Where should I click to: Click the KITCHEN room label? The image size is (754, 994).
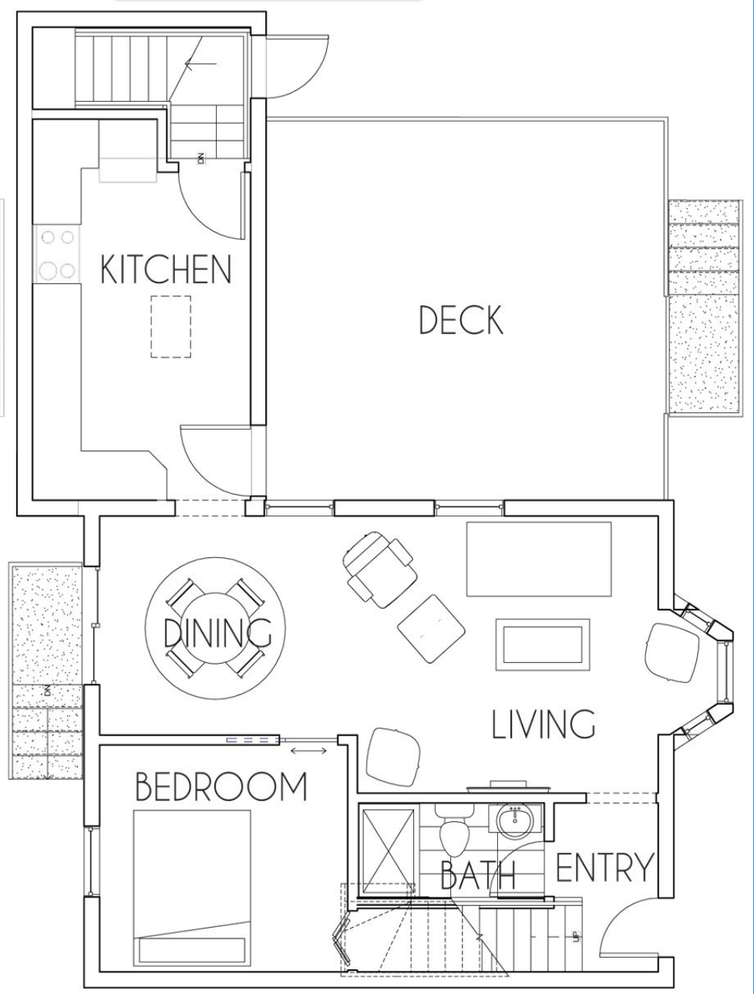pos(166,269)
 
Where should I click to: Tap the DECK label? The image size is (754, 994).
pos(461,319)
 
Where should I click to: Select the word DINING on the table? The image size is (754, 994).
pos(217,632)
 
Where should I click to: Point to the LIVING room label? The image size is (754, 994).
pos(544,724)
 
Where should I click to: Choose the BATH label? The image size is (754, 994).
pos(478,874)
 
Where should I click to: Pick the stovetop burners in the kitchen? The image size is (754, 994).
pos(56,255)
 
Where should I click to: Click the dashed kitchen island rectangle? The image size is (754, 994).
pos(170,326)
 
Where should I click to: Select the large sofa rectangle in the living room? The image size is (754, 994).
pos(539,560)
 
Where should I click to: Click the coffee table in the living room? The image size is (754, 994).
pos(543,644)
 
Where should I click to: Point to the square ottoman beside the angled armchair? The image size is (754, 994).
pos(431,628)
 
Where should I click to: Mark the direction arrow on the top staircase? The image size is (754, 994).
pos(200,64)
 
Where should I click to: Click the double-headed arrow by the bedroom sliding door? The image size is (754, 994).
pos(308,751)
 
